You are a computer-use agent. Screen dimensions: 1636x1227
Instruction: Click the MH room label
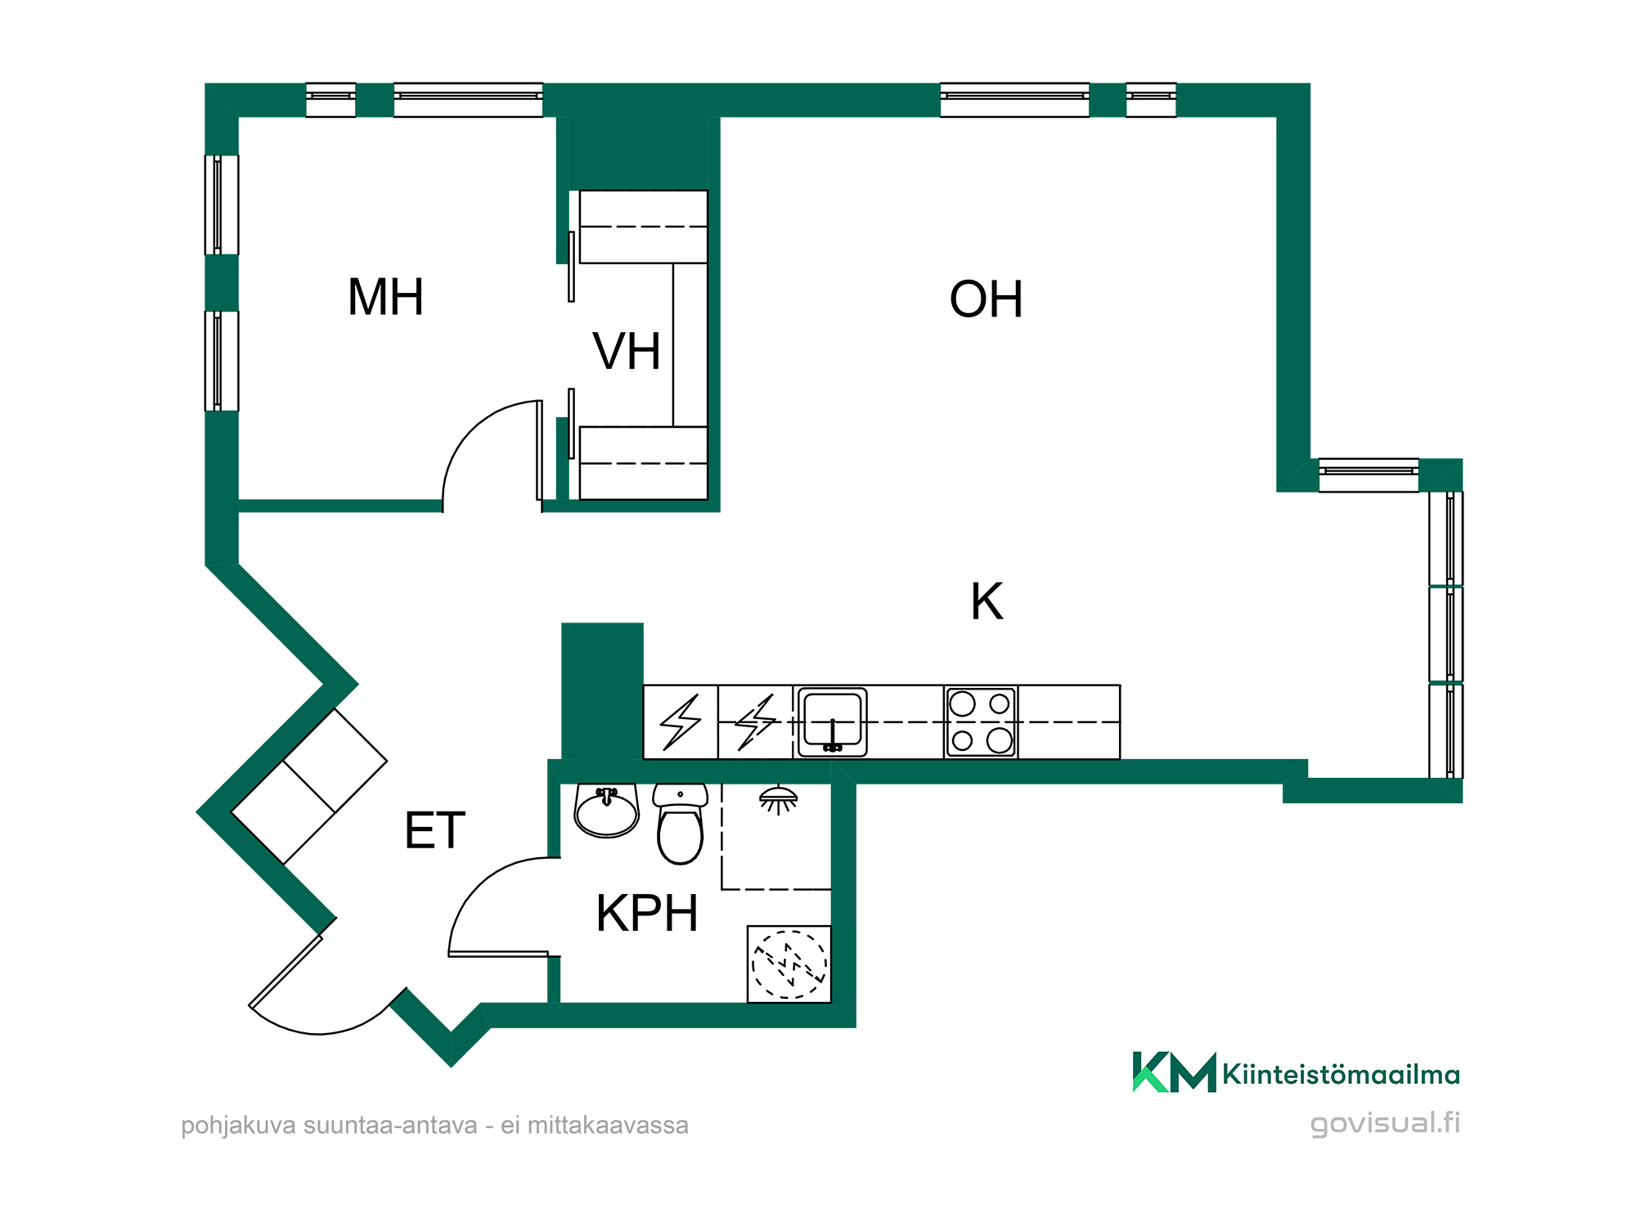pyautogui.click(x=385, y=297)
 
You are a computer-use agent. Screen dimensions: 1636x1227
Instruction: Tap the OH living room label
pyautogui.click(x=986, y=299)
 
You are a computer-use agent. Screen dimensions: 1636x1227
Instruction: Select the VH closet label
pyautogui.click(x=627, y=352)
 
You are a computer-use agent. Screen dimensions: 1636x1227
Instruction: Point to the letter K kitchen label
pyautogui.click(x=987, y=602)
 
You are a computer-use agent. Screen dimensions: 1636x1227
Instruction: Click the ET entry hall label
pyautogui.click(x=435, y=830)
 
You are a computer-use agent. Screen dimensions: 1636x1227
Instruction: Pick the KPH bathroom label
pyautogui.click(x=647, y=913)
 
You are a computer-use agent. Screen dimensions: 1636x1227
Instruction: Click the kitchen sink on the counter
pyautogui.click(x=832, y=722)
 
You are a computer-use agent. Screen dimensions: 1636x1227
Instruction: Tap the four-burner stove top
pyautogui.click(x=981, y=722)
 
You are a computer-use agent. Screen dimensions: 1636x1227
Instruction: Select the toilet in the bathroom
pyautogui.click(x=681, y=823)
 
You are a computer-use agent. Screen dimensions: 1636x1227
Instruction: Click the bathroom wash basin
pyautogui.click(x=606, y=811)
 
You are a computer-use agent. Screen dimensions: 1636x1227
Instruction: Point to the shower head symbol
pyautogui.click(x=778, y=800)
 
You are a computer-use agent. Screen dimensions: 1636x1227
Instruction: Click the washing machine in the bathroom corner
pyautogui.click(x=789, y=964)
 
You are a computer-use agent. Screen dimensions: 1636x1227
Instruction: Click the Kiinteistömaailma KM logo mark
pyautogui.click(x=1174, y=1072)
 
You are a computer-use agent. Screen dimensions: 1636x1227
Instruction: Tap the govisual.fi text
pyautogui.click(x=1385, y=1123)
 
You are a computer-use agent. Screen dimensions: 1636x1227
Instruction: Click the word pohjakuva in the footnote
pyautogui.click(x=238, y=1126)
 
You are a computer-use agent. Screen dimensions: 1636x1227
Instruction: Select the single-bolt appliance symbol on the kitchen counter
pyautogui.click(x=681, y=722)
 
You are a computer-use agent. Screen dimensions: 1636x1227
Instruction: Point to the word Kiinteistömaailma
pyautogui.click(x=1342, y=1074)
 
